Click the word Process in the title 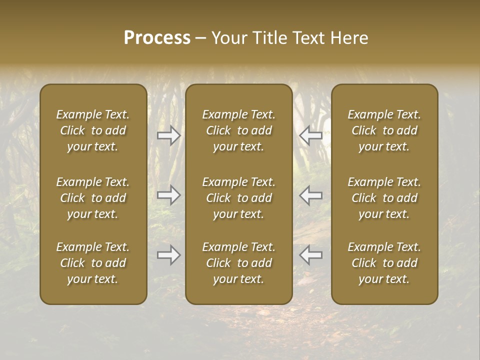[157, 38]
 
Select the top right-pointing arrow [169, 135]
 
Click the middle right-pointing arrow [169, 195]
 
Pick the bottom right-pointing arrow [169, 255]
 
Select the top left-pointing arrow [310, 135]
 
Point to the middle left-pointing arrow [310, 195]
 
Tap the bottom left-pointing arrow [310, 255]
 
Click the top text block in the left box [93, 130]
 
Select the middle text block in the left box [93, 198]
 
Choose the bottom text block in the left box [93, 263]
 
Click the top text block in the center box [239, 130]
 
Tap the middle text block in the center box [239, 198]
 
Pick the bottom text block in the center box [239, 263]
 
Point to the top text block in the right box [384, 130]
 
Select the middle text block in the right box [384, 198]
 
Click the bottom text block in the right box [384, 263]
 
